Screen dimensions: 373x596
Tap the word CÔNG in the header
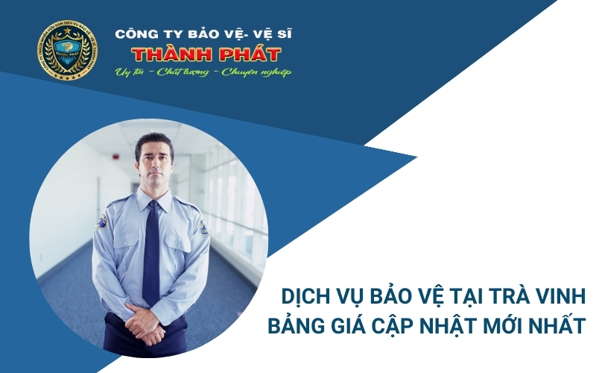(x=133, y=34)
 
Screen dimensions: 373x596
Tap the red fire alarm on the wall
(x=113, y=158)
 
